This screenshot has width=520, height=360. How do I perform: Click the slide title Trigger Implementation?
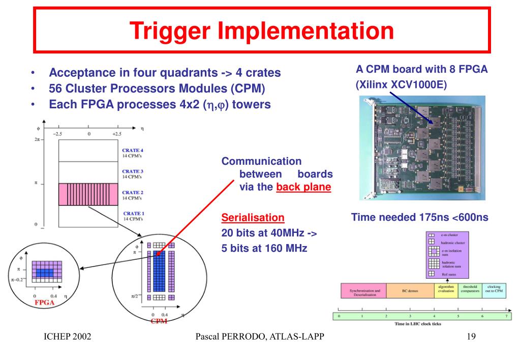pyautogui.click(x=261, y=30)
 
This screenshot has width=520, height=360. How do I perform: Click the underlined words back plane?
pyautogui.click(x=304, y=187)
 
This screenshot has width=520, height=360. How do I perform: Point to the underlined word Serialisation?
pyautogui.click(x=253, y=218)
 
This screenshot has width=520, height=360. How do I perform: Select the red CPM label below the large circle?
pyautogui.click(x=159, y=321)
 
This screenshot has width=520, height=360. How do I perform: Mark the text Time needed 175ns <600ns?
pyautogui.click(x=419, y=218)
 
